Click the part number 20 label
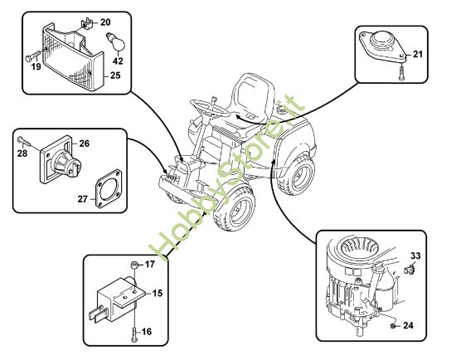(105, 22)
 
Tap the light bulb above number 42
(116, 42)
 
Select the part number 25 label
(115, 75)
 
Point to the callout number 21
(418, 54)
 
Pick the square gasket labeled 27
(108, 189)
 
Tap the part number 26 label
(85, 144)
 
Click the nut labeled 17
(134, 265)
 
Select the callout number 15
(158, 294)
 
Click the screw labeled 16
(134, 334)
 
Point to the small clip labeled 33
(410, 270)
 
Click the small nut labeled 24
(392, 326)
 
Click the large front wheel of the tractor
(235, 207)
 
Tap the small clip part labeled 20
(87, 23)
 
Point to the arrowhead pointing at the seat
(239, 117)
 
